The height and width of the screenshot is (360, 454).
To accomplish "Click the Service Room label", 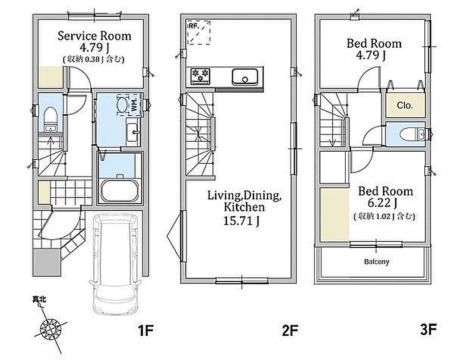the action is [x=94, y=36].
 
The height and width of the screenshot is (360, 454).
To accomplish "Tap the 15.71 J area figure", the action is [x=241, y=221].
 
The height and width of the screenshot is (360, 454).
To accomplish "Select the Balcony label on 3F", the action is [x=376, y=262].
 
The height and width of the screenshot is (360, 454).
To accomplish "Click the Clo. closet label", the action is [x=405, y=105].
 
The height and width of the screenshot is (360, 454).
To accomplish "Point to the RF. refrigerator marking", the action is [x=194, y=26].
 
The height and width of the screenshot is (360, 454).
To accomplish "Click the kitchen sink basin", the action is [x=245, y=76].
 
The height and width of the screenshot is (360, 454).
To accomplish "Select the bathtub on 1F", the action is [x=120, y=190].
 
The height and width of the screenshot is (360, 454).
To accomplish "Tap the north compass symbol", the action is [x=51, y=329].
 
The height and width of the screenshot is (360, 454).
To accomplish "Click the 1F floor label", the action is [x=145, y=330].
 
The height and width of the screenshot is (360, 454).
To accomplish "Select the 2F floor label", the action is [x=290, y=330].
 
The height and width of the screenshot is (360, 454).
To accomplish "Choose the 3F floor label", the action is [x=428, y=329].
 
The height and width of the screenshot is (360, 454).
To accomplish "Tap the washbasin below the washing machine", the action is [x=133, y=132].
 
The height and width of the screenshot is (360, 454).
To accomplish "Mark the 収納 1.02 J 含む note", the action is [x=384, y=216].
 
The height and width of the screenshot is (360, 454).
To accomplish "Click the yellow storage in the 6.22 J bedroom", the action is [x=335, y=215].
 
